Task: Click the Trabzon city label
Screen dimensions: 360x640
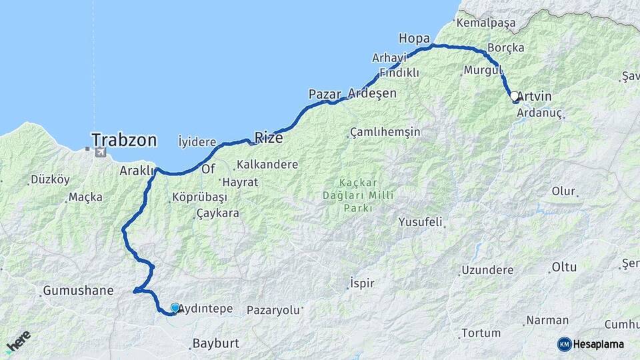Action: [x=124, y=140]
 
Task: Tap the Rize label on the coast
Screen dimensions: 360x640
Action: [x=269, y=138]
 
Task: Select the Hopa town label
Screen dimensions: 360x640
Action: [x=413, y=37]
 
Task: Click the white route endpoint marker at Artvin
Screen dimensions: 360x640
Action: [x=515, y=97]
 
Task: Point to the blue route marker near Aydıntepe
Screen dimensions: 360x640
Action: [x=175, y=307]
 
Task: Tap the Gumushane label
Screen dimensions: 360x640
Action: [x=78, y=291]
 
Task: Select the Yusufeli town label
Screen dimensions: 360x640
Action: [x=420, y=222]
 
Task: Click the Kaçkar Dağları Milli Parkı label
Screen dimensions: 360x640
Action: [x=358, y=195]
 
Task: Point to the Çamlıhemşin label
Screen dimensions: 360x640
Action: [x=385, y=132]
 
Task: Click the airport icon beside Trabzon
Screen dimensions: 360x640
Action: [x=101, y=153]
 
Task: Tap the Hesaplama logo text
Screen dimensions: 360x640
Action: [x=599, y=344]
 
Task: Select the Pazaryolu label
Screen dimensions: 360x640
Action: [x=273, y=310]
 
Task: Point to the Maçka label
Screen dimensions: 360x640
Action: [x=85, y=197]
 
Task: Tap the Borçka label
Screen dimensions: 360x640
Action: [x=506, y=48]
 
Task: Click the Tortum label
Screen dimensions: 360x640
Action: [x=481, y=333]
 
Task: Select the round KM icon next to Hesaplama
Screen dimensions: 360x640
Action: [x=564, y=344]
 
